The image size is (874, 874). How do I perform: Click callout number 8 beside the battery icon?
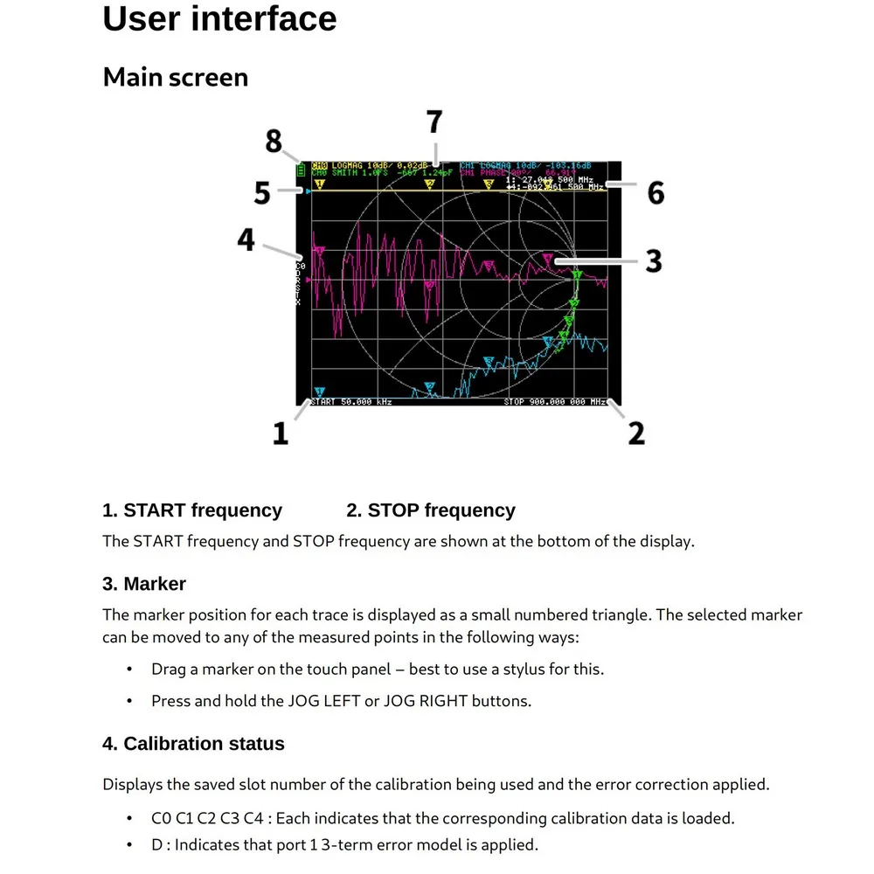coord(274,141)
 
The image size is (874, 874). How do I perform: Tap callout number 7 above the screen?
coord(434,122)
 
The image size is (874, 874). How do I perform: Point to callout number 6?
coord(655,192)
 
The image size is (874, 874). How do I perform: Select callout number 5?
coord(262,192)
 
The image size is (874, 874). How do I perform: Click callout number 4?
coord(246,239)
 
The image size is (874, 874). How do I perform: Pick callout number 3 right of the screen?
coord(654,260)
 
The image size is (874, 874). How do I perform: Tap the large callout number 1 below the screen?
coord(280,433)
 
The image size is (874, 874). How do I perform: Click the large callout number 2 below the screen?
coord(636,433)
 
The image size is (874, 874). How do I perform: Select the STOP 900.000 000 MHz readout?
coord(554,402)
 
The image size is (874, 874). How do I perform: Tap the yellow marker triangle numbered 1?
coord(319,184)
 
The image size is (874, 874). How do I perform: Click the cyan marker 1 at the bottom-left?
coord(319,392)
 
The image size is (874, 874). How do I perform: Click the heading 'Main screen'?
coord(176,77)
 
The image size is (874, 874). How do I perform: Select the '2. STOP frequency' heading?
coord(431,510)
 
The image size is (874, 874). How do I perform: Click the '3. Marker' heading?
coord(144,583)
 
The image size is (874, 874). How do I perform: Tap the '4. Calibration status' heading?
coord(193,744)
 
